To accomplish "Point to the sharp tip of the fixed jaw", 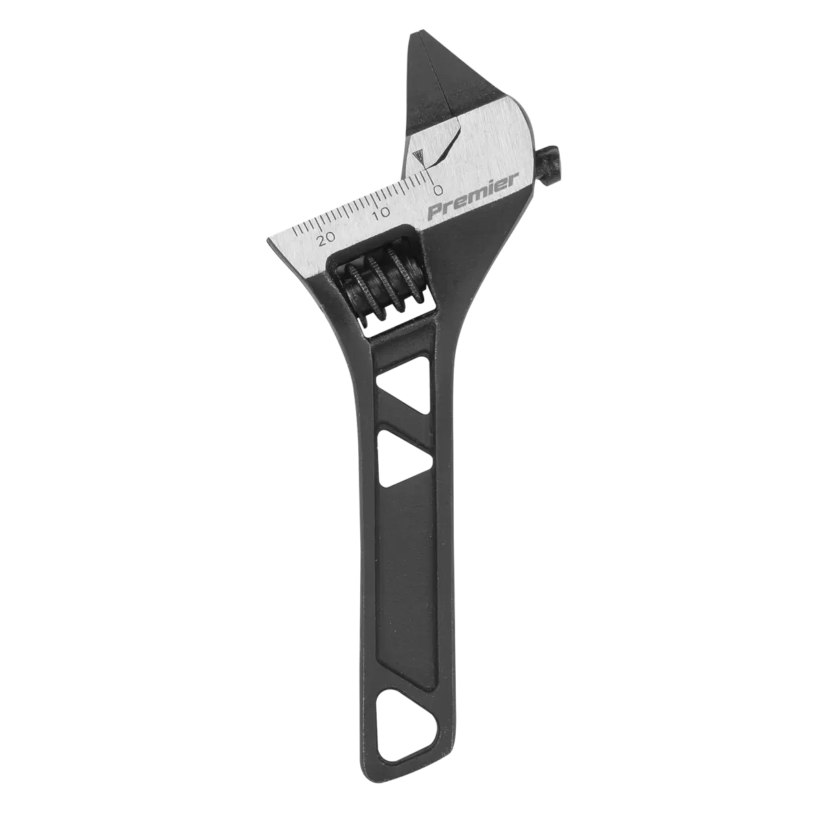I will pos(269,242).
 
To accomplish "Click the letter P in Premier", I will pos(435,210).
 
